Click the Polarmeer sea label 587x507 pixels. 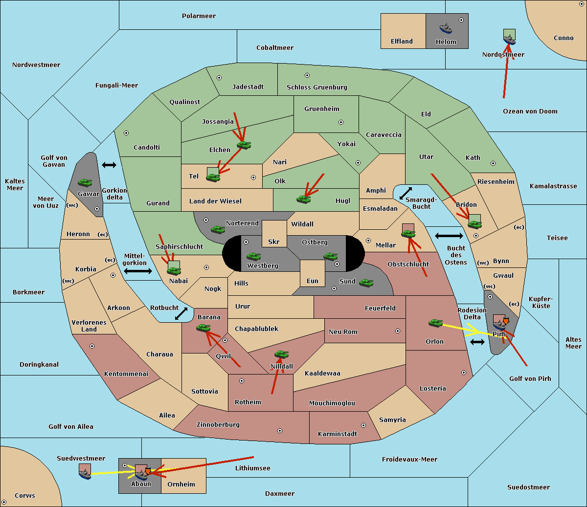pyautogui.click(x=199, y=16)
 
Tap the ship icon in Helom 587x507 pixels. pyautogui.click(x=446, y=28)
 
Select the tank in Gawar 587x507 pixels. pyautogui.click(x=85, y=182)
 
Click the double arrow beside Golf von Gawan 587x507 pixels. pyautogui.click(x=109, y=165)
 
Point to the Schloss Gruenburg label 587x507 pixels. pyautogui.click(x=316, y=88)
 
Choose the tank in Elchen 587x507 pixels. pyautogui.click(x=244, y=145)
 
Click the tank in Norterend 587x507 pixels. pyautogui.click(x=218, y=229)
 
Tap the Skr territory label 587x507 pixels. pyautogui.click(x=273, y=242)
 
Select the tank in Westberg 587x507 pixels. pyautogui.click(x=253, y=256)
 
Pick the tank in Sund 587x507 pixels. pyautogui.click(x=366, y=283)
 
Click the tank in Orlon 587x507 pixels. pyautogui.click(x=435, y=323)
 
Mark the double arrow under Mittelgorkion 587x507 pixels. pyautogui.click(x=138, y=271)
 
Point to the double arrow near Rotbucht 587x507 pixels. pyautogui.click(x=181, y=313)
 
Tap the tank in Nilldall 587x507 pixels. pyautogui.click(x=281, y=354)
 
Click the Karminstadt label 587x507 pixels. pyautogui.click(x=338, y=434)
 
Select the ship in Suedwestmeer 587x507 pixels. pyautogui.click(x=85, y=473)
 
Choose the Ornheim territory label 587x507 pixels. pyautogui.click(x=181, y=485)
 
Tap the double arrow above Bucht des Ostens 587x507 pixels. pyautogui.click(x=449, y=236)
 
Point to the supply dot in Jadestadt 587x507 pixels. pyautogui.click(x=219, y=77)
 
